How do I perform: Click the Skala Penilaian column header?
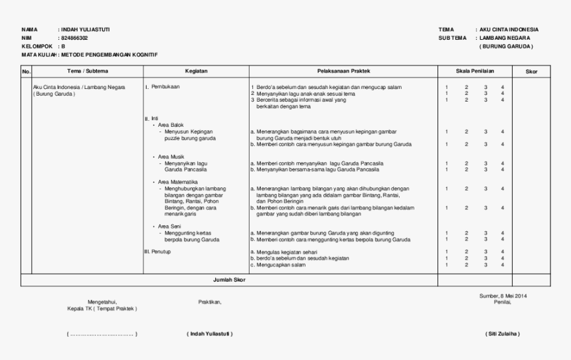475,70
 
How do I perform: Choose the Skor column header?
531,70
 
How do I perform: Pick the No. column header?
26,70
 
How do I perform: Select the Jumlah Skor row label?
228,280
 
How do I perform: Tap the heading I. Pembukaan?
162,87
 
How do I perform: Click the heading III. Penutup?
158,252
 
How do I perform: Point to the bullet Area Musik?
171,157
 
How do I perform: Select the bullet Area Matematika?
177,181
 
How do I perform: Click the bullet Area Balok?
170,125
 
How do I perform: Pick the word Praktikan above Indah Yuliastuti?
210,302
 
